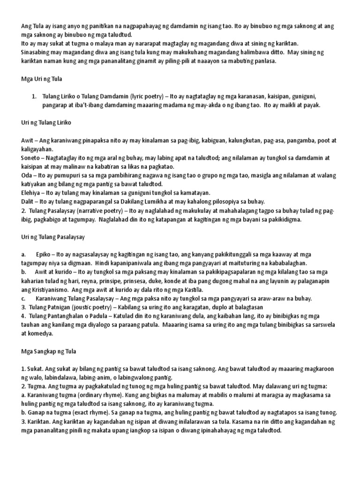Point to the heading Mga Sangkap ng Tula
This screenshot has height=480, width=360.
pos(48,351)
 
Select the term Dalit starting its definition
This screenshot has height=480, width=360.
pos(28,202)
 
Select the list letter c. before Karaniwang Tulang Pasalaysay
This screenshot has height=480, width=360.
pos(23,298)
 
